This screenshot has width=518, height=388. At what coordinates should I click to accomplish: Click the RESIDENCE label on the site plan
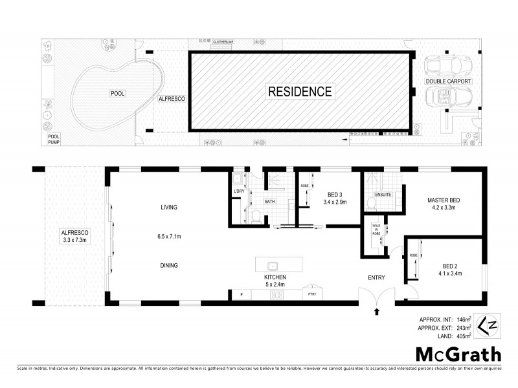pyautogui.click(x=300, y=91)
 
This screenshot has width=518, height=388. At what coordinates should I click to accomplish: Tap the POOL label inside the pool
pyautogui.click(x=117, y=94)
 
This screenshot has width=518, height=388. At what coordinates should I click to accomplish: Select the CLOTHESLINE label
pyautogui.click(x=224, y=41)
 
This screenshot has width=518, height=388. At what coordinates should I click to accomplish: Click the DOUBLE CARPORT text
pyautogui.click(x=448, y=81)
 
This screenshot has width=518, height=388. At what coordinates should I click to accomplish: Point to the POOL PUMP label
pyautogui.click(x=53, y=140)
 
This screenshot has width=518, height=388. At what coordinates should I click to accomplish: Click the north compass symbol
pyautogui.click(x=487, y=324)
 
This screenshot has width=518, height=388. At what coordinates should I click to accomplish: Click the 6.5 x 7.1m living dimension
pyautogui.click(x=169, y=237)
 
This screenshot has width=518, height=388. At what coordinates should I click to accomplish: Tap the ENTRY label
pyautogui.click(x=376, y=278)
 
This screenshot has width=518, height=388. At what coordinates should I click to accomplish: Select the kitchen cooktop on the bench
pyautogui.click(x=276, y=295)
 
